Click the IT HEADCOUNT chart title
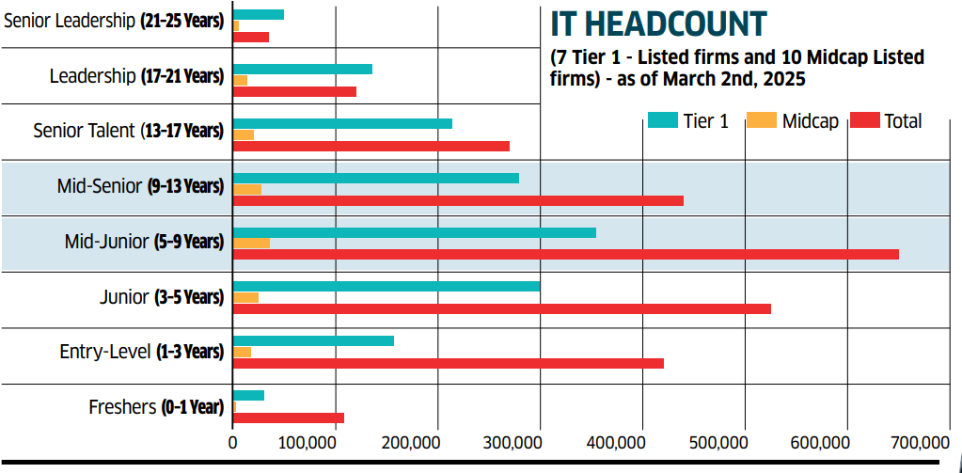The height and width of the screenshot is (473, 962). [x=658, y=24]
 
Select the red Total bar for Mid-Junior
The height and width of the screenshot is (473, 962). [x=565, y=254]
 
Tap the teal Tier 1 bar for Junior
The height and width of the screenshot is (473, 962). [x=386, y=286]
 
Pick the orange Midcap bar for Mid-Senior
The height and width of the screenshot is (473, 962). [x=246, y=190]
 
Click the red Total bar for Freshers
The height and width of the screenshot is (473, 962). [x=288, y=418]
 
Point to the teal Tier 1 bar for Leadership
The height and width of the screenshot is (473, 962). [x=302, y=69]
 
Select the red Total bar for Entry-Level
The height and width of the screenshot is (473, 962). [x=448, y=363]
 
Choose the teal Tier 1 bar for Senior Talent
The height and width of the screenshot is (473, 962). [x=342, y=123]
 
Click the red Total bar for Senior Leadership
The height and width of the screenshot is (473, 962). [x=250, y=37]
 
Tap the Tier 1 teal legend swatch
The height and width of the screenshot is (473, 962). [x=663, y=120]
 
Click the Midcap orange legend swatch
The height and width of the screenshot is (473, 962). [x=761, y=120]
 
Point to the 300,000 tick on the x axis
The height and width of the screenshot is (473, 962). [x=540, y=442]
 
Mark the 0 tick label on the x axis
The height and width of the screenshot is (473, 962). [x=232, y=442]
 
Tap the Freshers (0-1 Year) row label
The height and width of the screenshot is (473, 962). [x=156, y=407]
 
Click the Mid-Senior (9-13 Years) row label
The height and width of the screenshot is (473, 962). [x=140, y=186]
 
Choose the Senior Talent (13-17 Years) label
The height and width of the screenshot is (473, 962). [x=128, y=131]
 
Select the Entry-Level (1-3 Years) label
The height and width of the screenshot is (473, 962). [x=141, y=352]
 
